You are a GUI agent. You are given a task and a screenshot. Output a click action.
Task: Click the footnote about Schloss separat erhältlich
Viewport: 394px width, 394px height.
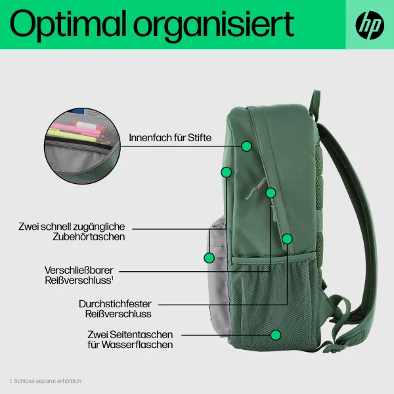[46, 380]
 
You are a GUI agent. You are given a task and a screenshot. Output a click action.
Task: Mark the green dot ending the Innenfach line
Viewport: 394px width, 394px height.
[246, 145]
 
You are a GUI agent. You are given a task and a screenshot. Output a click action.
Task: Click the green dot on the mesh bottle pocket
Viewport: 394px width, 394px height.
[276, 335]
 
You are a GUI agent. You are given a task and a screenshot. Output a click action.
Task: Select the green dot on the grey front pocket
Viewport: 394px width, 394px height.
[209, 257]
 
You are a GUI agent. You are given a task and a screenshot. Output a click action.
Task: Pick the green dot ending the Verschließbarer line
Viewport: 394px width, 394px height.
[271, 193]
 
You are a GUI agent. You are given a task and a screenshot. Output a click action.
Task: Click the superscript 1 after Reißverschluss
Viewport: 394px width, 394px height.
[113, 278]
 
